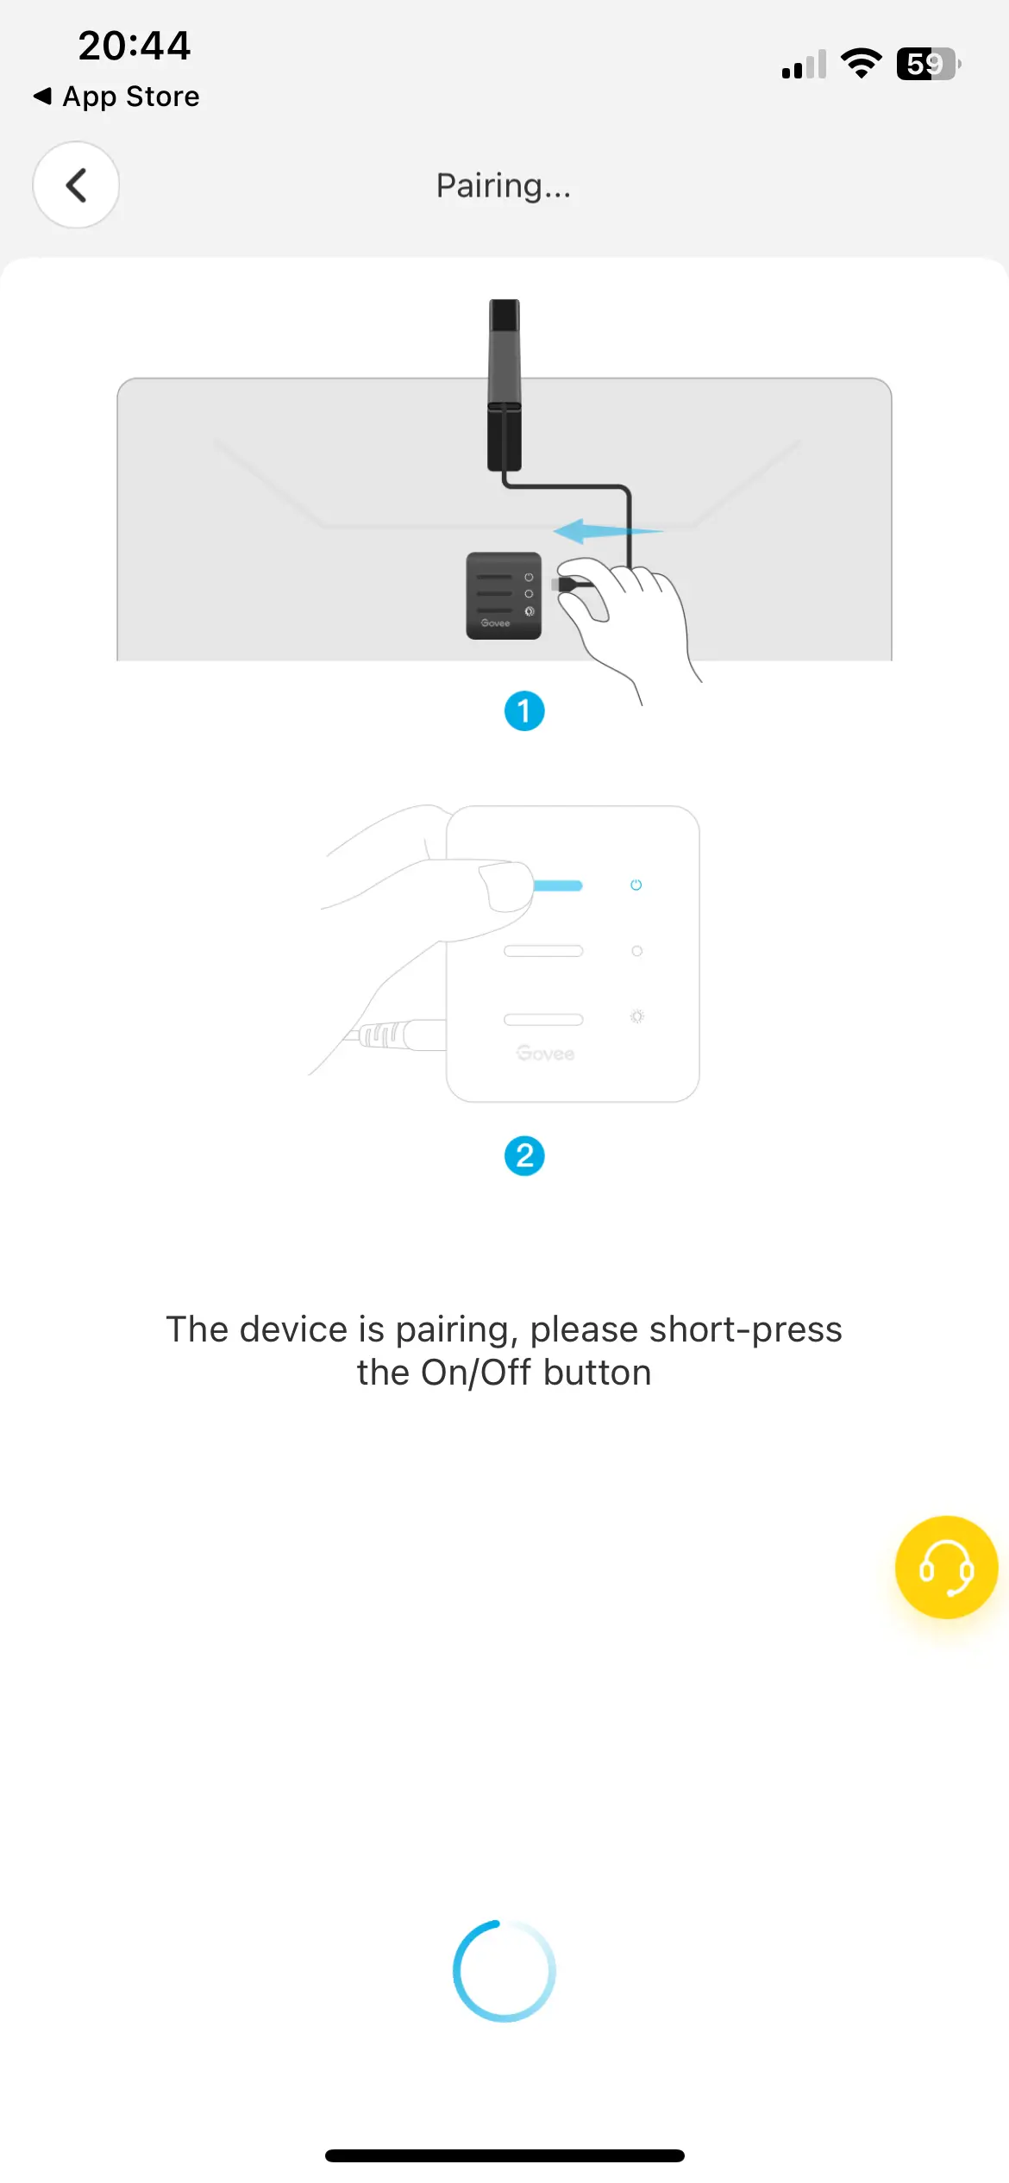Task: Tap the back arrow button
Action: pos(76,185)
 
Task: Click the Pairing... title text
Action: pos(504,186)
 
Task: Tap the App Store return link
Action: pos(116,97)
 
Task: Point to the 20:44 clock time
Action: pos(135,46)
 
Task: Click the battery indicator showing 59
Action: pos(929,64)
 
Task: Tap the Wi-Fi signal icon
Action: pos(861,64)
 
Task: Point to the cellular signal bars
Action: pos(804,65)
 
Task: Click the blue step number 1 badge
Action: pos(524,711)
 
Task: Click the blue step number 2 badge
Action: pos(524,1156)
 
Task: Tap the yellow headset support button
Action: pos(946,1567)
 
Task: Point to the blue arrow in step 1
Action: pos(607,531)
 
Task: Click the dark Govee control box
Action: pos(504,596)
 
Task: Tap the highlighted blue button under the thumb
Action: pos(557,885)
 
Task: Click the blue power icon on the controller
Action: pos(636,885)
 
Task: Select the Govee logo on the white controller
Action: pos(545,1054)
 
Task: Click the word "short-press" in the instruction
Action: pos(746,1329)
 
